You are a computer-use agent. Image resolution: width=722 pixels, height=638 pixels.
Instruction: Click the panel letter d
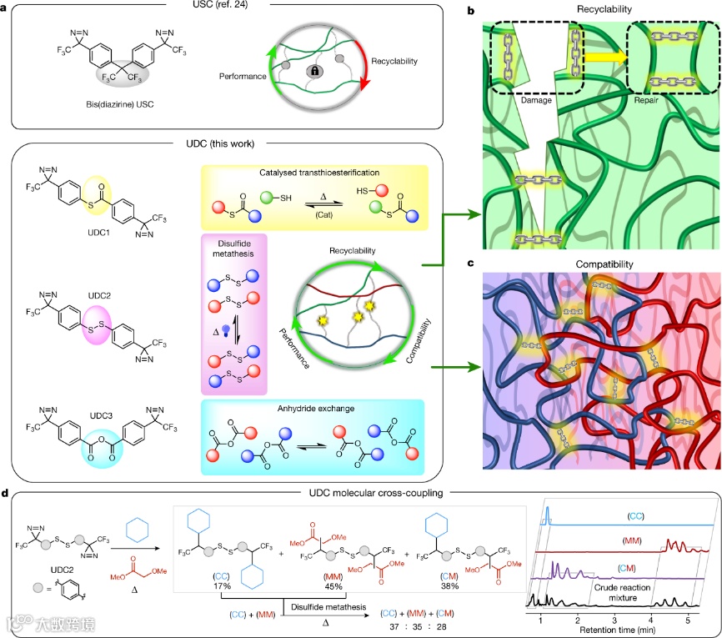click(7, 495)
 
